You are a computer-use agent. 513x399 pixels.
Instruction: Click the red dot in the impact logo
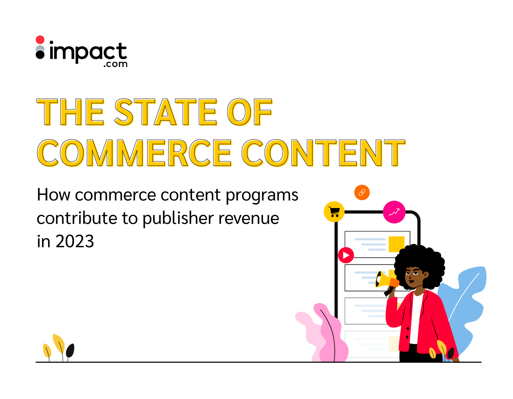tap(40, 40)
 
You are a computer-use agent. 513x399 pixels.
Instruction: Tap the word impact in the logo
tap(88, 52)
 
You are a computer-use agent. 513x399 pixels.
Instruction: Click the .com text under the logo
tap(115, 64)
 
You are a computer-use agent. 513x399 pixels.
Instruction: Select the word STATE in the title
tap(166, 112)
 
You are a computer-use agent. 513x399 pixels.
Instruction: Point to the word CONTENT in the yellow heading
tap(324, 153)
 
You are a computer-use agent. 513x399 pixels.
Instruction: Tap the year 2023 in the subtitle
tap(75, 242)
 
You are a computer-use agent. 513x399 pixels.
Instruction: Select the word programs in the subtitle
tap(262, 196)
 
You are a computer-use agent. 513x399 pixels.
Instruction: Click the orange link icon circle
tap(362, 192)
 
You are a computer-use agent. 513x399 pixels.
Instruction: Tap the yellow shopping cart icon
tap(334, 212)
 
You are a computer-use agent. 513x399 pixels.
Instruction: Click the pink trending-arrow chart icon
tap(394, 212)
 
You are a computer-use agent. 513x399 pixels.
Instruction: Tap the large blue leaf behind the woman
tap(463, 307)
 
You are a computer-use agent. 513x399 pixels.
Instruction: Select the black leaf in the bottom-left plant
tap(70, 350)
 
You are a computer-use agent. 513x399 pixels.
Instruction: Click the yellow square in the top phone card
tap(397, 244)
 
